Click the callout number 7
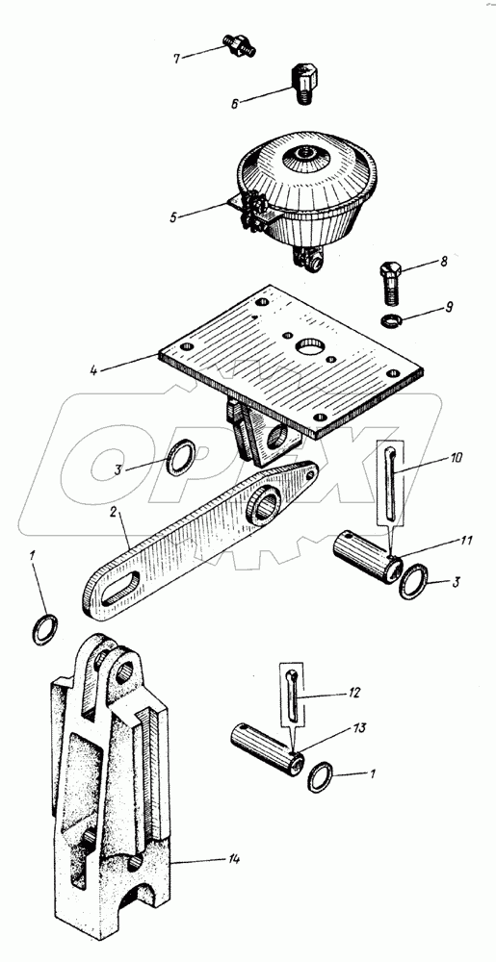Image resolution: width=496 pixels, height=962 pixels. (x=177, y=59)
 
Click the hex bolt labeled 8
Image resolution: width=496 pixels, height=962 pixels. (x=391, y=282)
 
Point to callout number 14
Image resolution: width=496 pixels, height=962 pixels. (x=232, y=859)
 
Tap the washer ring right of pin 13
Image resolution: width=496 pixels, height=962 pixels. (x=321, y=776)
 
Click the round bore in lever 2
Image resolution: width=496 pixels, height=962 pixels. (x=268, y=504)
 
